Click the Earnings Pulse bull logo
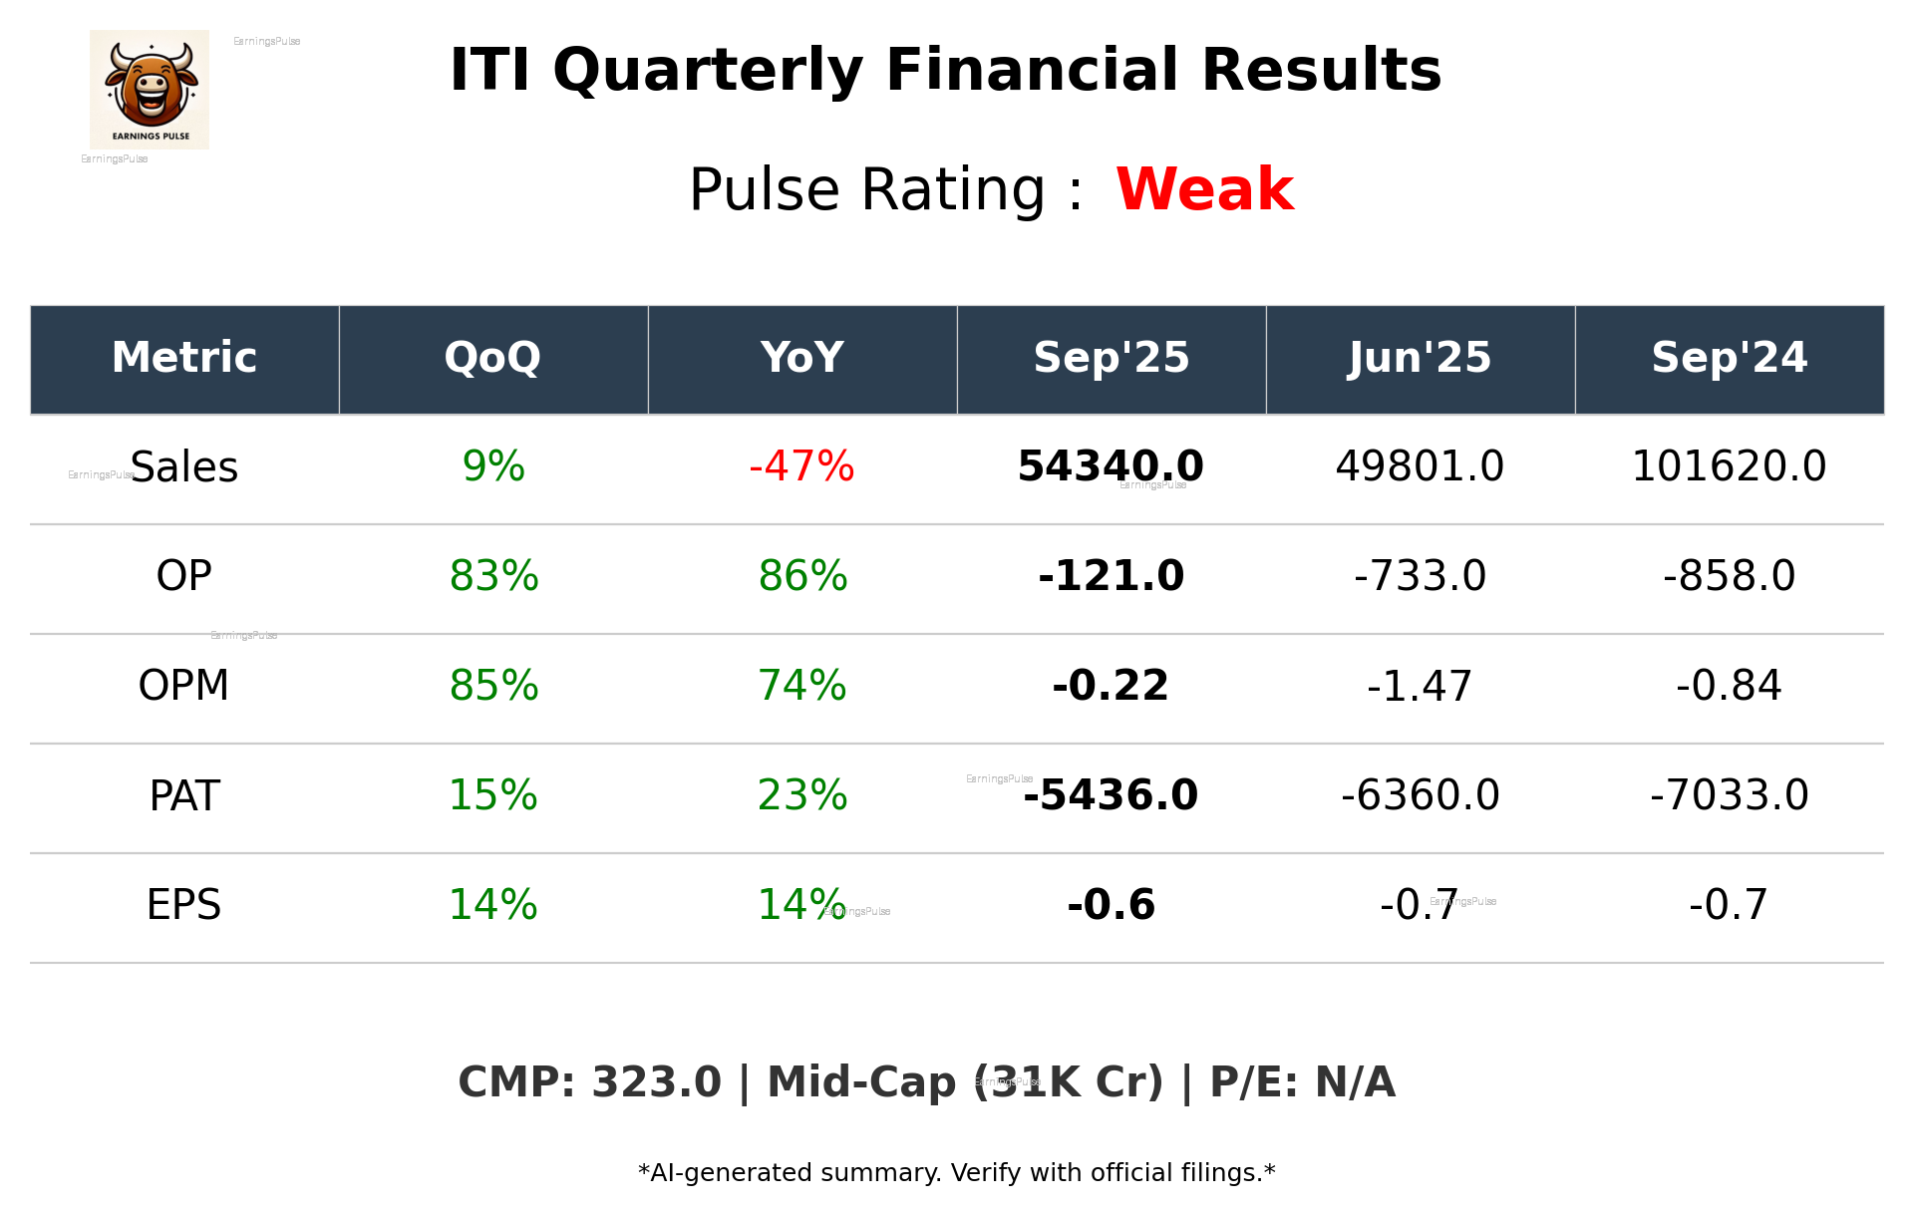click(150, 90)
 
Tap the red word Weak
click(1204, 189)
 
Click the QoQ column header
click(492, 358)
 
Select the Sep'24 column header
click(1729, 358)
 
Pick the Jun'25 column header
click(1420, 358)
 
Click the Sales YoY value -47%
click(801, 466)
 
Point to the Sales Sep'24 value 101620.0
click(1729, 466)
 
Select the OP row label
click(184, 576)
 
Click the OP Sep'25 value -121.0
click(1111, 576)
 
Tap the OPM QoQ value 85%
click(493, 686)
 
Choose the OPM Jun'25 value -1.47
click(1420, 686)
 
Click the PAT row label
click(184, 795)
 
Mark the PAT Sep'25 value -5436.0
click(1111, 795)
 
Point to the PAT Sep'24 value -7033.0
click(1729, 795)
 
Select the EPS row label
click(184, 905)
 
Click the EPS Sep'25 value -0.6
click(1111, 905)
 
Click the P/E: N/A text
click(1302, 1082)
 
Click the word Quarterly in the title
click(708, 72)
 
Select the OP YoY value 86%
click(802, 576)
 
